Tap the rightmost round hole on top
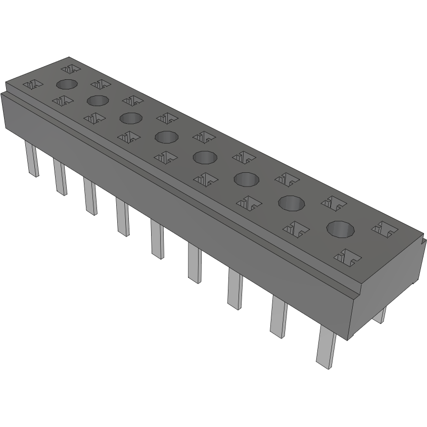(x=340, y=229)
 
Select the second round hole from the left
(x=98, y=100)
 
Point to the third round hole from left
(x=130, y=118)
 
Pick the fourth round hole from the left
(x=166, y=136)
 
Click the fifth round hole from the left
(x=205, y=158)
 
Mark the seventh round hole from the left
(x=292, y=203)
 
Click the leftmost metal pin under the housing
(x=32, y=159)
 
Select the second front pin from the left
(x=60, y=177)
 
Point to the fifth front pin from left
(x=157, y=241)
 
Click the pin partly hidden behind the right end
(x=381, y=314)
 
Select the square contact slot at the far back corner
(x=71, y=68)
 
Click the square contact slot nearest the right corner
(x=385, y=228)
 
